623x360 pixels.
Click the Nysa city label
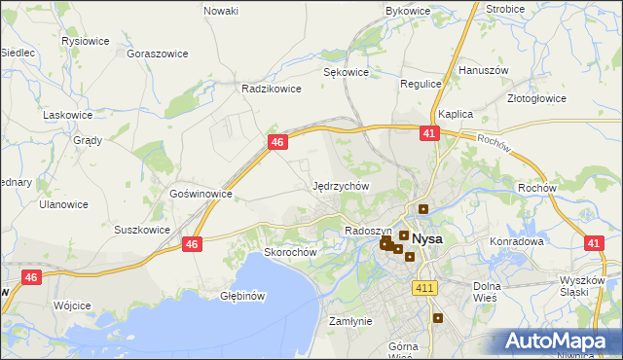(428, 238)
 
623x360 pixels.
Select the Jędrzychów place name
(340, 185)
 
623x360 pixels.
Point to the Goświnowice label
(201, 194)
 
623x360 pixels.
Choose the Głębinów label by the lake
(242, 295)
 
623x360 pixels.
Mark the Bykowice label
(408, 11)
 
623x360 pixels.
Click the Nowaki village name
(221, 11)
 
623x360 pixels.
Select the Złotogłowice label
(536, 98)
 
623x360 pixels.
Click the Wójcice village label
(72, 306)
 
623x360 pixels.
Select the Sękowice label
(346, 72)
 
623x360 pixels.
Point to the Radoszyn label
(367, 231)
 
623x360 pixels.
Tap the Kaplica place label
(455, 114)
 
